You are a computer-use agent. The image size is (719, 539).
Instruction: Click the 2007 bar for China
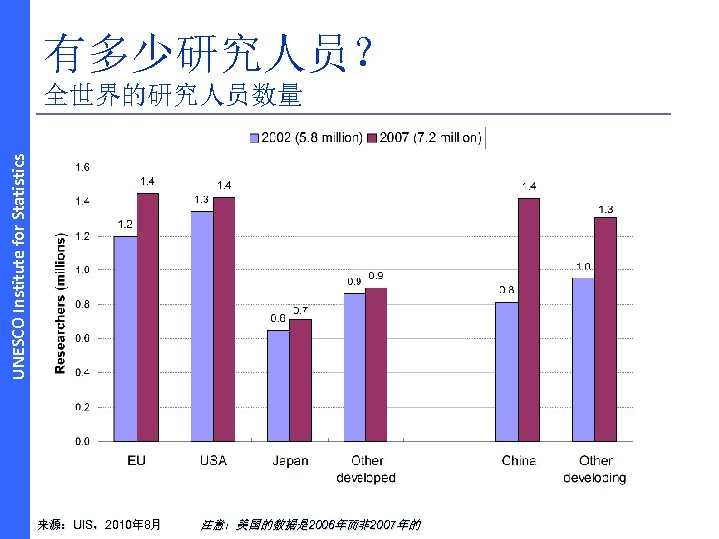[x=529, y=319]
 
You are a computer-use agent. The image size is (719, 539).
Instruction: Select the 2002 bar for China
[x=507, y=371]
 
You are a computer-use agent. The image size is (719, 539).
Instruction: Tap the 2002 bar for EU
[x=125, y=338]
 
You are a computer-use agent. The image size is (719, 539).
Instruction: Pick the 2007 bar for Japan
[x=300, y=380]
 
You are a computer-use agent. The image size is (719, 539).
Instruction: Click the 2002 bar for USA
[x=202, y=325]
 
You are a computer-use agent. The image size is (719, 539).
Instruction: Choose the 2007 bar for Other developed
[x=376, y=364]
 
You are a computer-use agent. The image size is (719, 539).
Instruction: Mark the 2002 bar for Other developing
[x=583, y=359]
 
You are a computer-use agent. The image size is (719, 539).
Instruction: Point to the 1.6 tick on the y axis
[x=82, y=167]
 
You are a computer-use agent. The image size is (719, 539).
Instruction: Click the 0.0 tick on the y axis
[x=82, y=441]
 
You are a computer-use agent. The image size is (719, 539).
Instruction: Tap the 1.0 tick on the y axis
[x=82, y=269]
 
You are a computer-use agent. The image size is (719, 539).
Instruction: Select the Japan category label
[x=290, y=461]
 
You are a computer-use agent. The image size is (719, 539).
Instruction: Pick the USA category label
[x=213, y=461]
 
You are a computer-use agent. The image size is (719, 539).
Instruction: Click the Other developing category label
[x=595, y=469]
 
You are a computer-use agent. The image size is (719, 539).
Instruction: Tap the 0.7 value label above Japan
[x=299, y=311]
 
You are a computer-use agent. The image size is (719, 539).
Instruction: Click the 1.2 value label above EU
[x=125, y=224]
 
